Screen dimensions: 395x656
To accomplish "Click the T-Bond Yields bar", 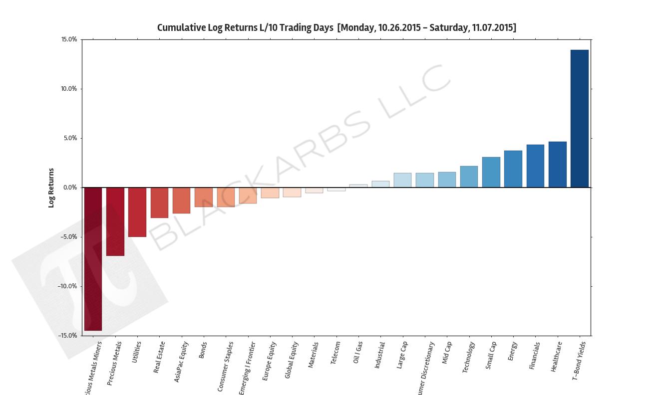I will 579,119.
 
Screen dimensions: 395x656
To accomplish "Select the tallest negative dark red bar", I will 93,259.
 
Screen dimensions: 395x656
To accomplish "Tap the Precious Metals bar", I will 115,221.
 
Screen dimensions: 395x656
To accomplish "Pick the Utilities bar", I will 137,212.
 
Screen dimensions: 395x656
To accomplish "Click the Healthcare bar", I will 557,165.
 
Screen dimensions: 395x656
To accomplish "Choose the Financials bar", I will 535,166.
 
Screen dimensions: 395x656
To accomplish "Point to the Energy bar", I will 513,169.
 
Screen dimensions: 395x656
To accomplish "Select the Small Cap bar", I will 491,172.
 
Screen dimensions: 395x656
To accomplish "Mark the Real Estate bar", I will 159,202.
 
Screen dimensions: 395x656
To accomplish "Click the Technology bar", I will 469,177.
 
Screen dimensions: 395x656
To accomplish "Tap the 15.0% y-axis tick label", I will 69,39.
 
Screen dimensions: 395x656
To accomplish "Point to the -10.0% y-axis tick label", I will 67,286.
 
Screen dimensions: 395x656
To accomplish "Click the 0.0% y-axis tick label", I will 70,188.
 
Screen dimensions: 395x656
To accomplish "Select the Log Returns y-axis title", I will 51,188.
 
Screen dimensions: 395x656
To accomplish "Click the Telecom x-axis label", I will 335,353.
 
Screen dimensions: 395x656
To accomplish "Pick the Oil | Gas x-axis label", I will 357,353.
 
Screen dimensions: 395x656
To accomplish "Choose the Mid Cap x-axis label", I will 447,353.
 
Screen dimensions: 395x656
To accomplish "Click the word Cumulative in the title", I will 181,27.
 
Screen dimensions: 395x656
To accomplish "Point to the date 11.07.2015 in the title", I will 492,27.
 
